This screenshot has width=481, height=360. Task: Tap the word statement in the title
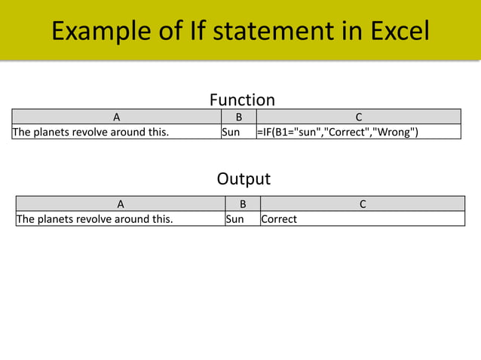(x=268, y=31)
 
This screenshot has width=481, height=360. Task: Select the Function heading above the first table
(x=241, y=99)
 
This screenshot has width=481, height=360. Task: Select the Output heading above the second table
(x=243, y=179)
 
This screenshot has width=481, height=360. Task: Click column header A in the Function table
(x=116, y=117)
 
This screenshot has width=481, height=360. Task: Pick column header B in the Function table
(x=238, y=117)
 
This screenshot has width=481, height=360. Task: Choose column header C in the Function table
(x=358, y=117)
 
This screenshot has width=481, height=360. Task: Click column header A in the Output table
(x=121, y=203)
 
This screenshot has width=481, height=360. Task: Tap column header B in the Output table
(x=242, y=203)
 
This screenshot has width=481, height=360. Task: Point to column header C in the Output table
(x=362, y=203)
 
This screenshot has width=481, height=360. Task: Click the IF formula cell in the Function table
(x=338, y=133)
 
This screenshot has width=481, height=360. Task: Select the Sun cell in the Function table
(x=230, y=133)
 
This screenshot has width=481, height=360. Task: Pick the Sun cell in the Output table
(x=234, y=219)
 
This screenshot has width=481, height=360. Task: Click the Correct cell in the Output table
(x=279, y=219)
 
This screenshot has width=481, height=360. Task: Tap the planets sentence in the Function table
(x=90, y=133)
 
